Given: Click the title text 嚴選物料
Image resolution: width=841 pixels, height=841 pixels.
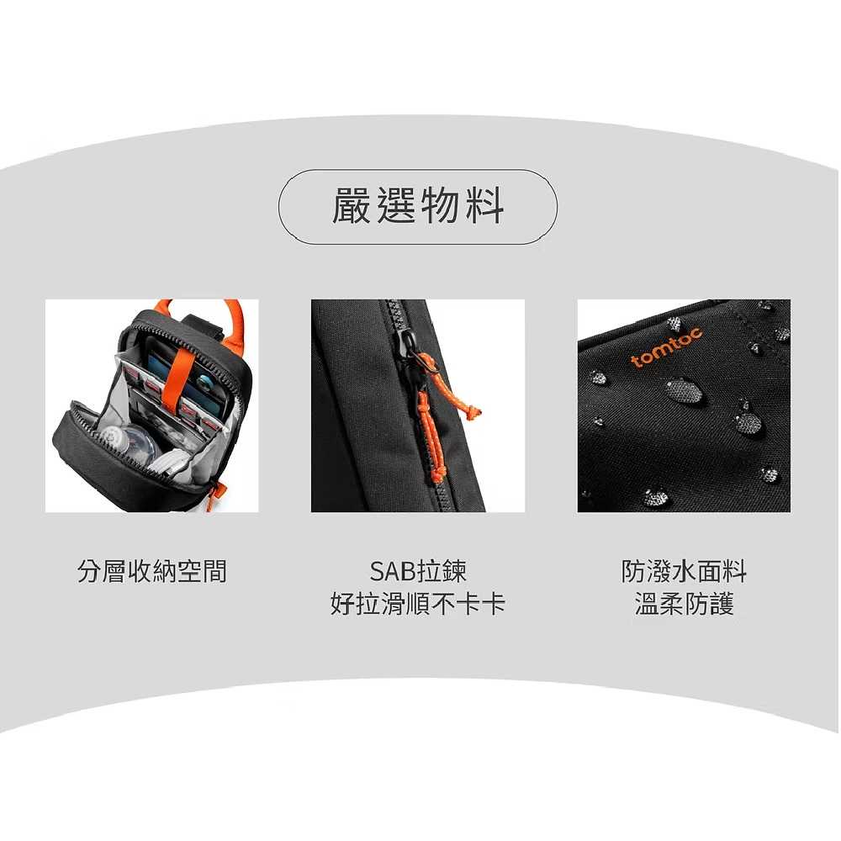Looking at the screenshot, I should pyautogui.click(x=418, y=207).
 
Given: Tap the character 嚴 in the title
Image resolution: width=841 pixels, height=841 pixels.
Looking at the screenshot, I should pyautogui.click(x=352, y=207).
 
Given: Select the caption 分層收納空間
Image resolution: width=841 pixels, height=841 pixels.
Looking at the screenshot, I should pyautogui.click(x=151, y=572).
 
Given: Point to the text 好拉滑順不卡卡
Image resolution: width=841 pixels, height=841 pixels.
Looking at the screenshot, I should pyautogui.click(x=418, y=604).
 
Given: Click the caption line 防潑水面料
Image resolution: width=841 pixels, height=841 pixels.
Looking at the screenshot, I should pyautogui.click(x=684, y=572).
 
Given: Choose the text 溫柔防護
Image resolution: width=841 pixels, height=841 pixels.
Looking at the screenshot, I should pyautogui.click(x=684, y=604).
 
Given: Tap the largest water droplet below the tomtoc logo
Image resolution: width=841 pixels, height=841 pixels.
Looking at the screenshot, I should pyautogui.click(x=682, y=389).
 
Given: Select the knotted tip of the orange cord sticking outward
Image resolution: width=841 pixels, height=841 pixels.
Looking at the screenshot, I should pyautogui.click(x=474, y=410).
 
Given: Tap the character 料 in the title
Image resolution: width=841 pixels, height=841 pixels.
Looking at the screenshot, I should pyautogui.click(x=485, y=207).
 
